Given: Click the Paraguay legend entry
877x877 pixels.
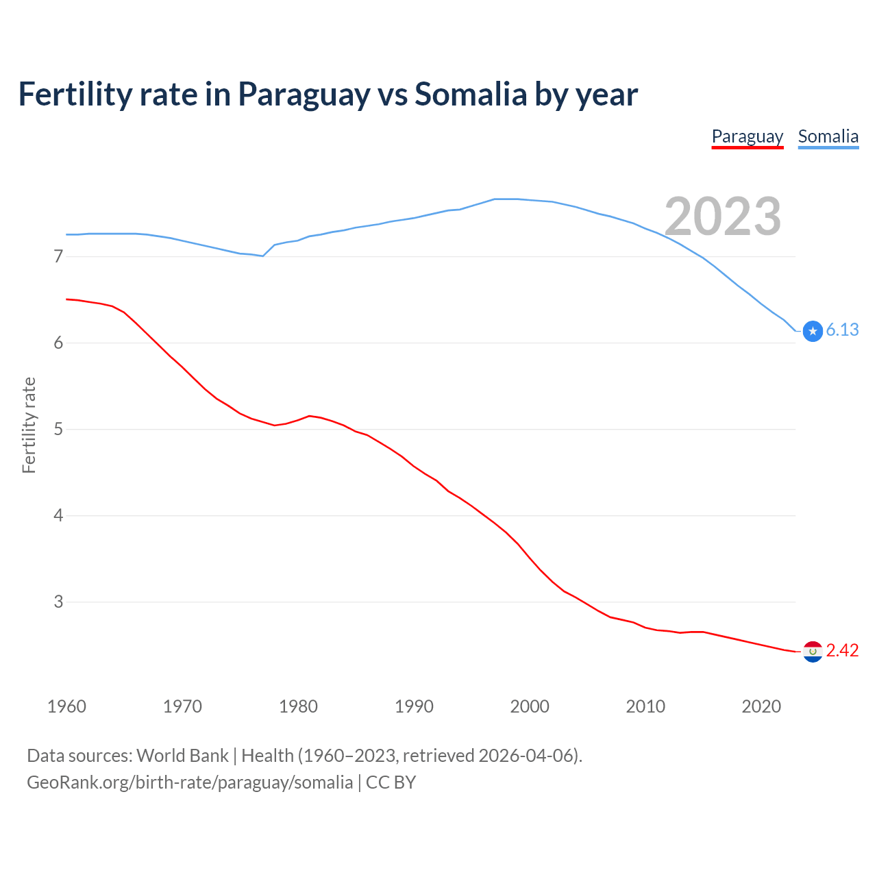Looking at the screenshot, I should pos(747,137).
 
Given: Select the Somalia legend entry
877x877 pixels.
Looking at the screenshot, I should pos(828,137).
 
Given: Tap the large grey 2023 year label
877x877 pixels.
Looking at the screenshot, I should pos(722,217).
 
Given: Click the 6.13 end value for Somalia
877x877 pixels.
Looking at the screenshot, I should pos(842,330).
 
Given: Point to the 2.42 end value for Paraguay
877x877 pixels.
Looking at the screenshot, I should pos(842,650).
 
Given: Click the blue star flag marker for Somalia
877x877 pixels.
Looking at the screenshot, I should pos(813,331).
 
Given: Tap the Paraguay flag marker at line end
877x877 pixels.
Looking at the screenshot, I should pos(813,652).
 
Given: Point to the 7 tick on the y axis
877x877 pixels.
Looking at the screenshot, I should pos(58,257).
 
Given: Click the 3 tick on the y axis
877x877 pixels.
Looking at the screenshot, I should pos(58,602).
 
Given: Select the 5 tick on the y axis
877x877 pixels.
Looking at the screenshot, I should pos(58,430).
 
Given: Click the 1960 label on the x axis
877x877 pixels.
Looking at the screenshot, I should pos(66,706).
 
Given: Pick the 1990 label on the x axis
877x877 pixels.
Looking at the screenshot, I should pos(414,706).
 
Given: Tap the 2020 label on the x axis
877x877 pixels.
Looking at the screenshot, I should pos(761,706).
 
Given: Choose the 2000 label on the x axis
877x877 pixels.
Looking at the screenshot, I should pos(530,706).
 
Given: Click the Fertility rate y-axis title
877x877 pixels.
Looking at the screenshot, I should pos(29,425).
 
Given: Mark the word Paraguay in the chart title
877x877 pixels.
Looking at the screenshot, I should pos(304,95).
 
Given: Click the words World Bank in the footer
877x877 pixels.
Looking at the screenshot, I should pos(182,756).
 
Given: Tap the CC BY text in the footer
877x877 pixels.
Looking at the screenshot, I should pos(391,782).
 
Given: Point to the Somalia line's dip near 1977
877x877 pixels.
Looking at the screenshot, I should pos(262,256).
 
